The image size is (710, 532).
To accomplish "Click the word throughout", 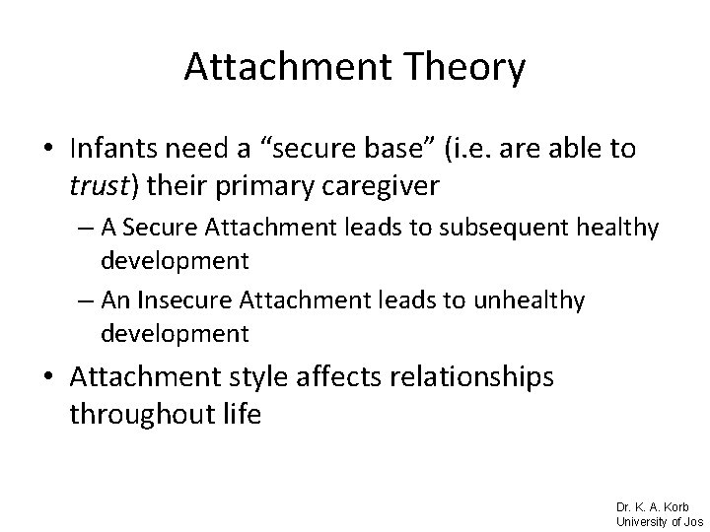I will coord(132,414).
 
